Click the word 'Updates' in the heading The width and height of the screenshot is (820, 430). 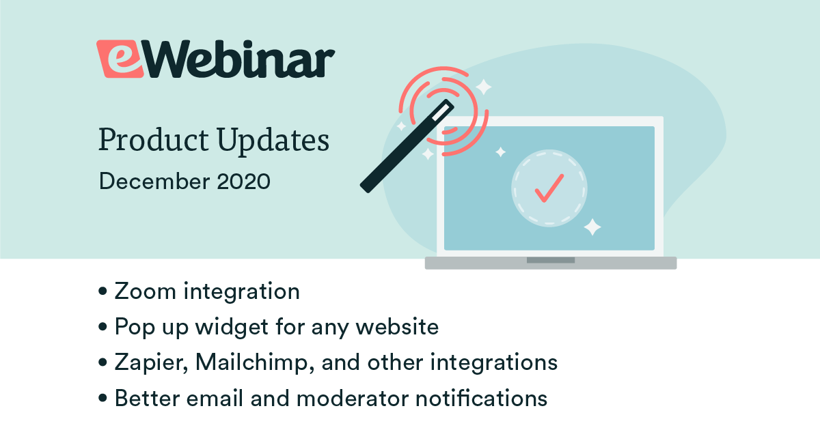click(x=273, y=141)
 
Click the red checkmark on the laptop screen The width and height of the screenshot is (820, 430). click(x=549, y=188)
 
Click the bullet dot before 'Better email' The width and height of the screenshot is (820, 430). click(x=103, y=398)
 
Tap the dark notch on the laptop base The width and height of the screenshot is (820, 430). click(x=550, y=260)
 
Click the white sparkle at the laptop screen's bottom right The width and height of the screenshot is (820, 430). click(x=592, y=227)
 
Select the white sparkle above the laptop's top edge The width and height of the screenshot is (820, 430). click(x=484, y=87)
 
